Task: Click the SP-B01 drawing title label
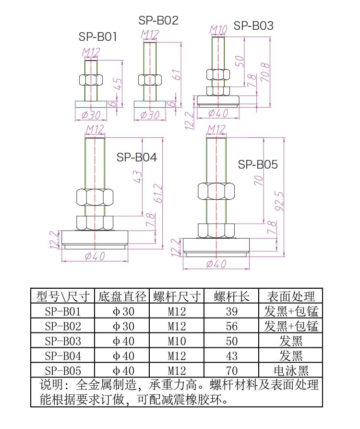pyautogui.click(x=98, y=37)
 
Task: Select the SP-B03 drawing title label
pyautogui.click(x=253, y=25)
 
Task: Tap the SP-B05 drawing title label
pyautogui.click(x=258, y=164)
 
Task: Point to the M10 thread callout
pyautogui.click(x=218, y=30)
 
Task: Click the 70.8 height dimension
pyautogui.click(x=265, y=72)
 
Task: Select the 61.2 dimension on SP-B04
pyautogui.click(x=158, y=194)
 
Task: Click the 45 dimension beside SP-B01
pyautogui.click(x=118, y=84)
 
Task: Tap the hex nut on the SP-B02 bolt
pyautogui.click(x=150, y=80)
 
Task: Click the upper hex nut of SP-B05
pyautogui.click(x=216, y=191)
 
